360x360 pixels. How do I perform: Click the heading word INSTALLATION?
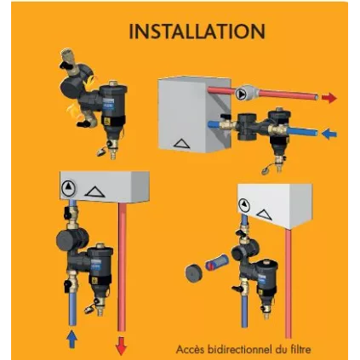197,31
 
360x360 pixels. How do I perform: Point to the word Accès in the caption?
191,347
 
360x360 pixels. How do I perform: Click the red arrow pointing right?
329,98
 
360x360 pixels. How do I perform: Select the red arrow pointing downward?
120,344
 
